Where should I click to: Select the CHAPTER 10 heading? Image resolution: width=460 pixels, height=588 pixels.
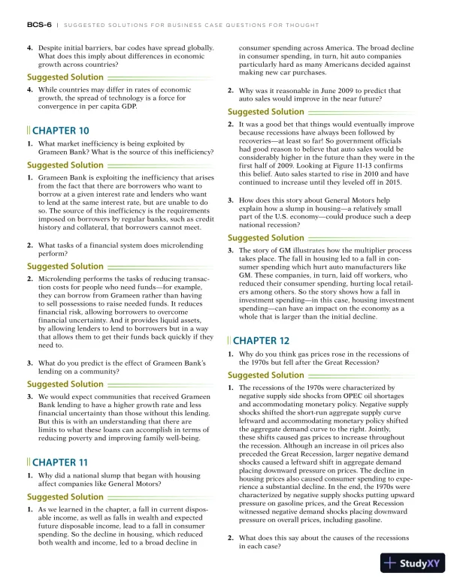(61, 129)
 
